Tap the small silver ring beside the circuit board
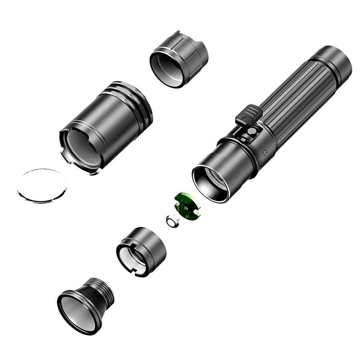point(172,222)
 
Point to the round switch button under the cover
point(252,133)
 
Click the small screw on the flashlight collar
point(266,151)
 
